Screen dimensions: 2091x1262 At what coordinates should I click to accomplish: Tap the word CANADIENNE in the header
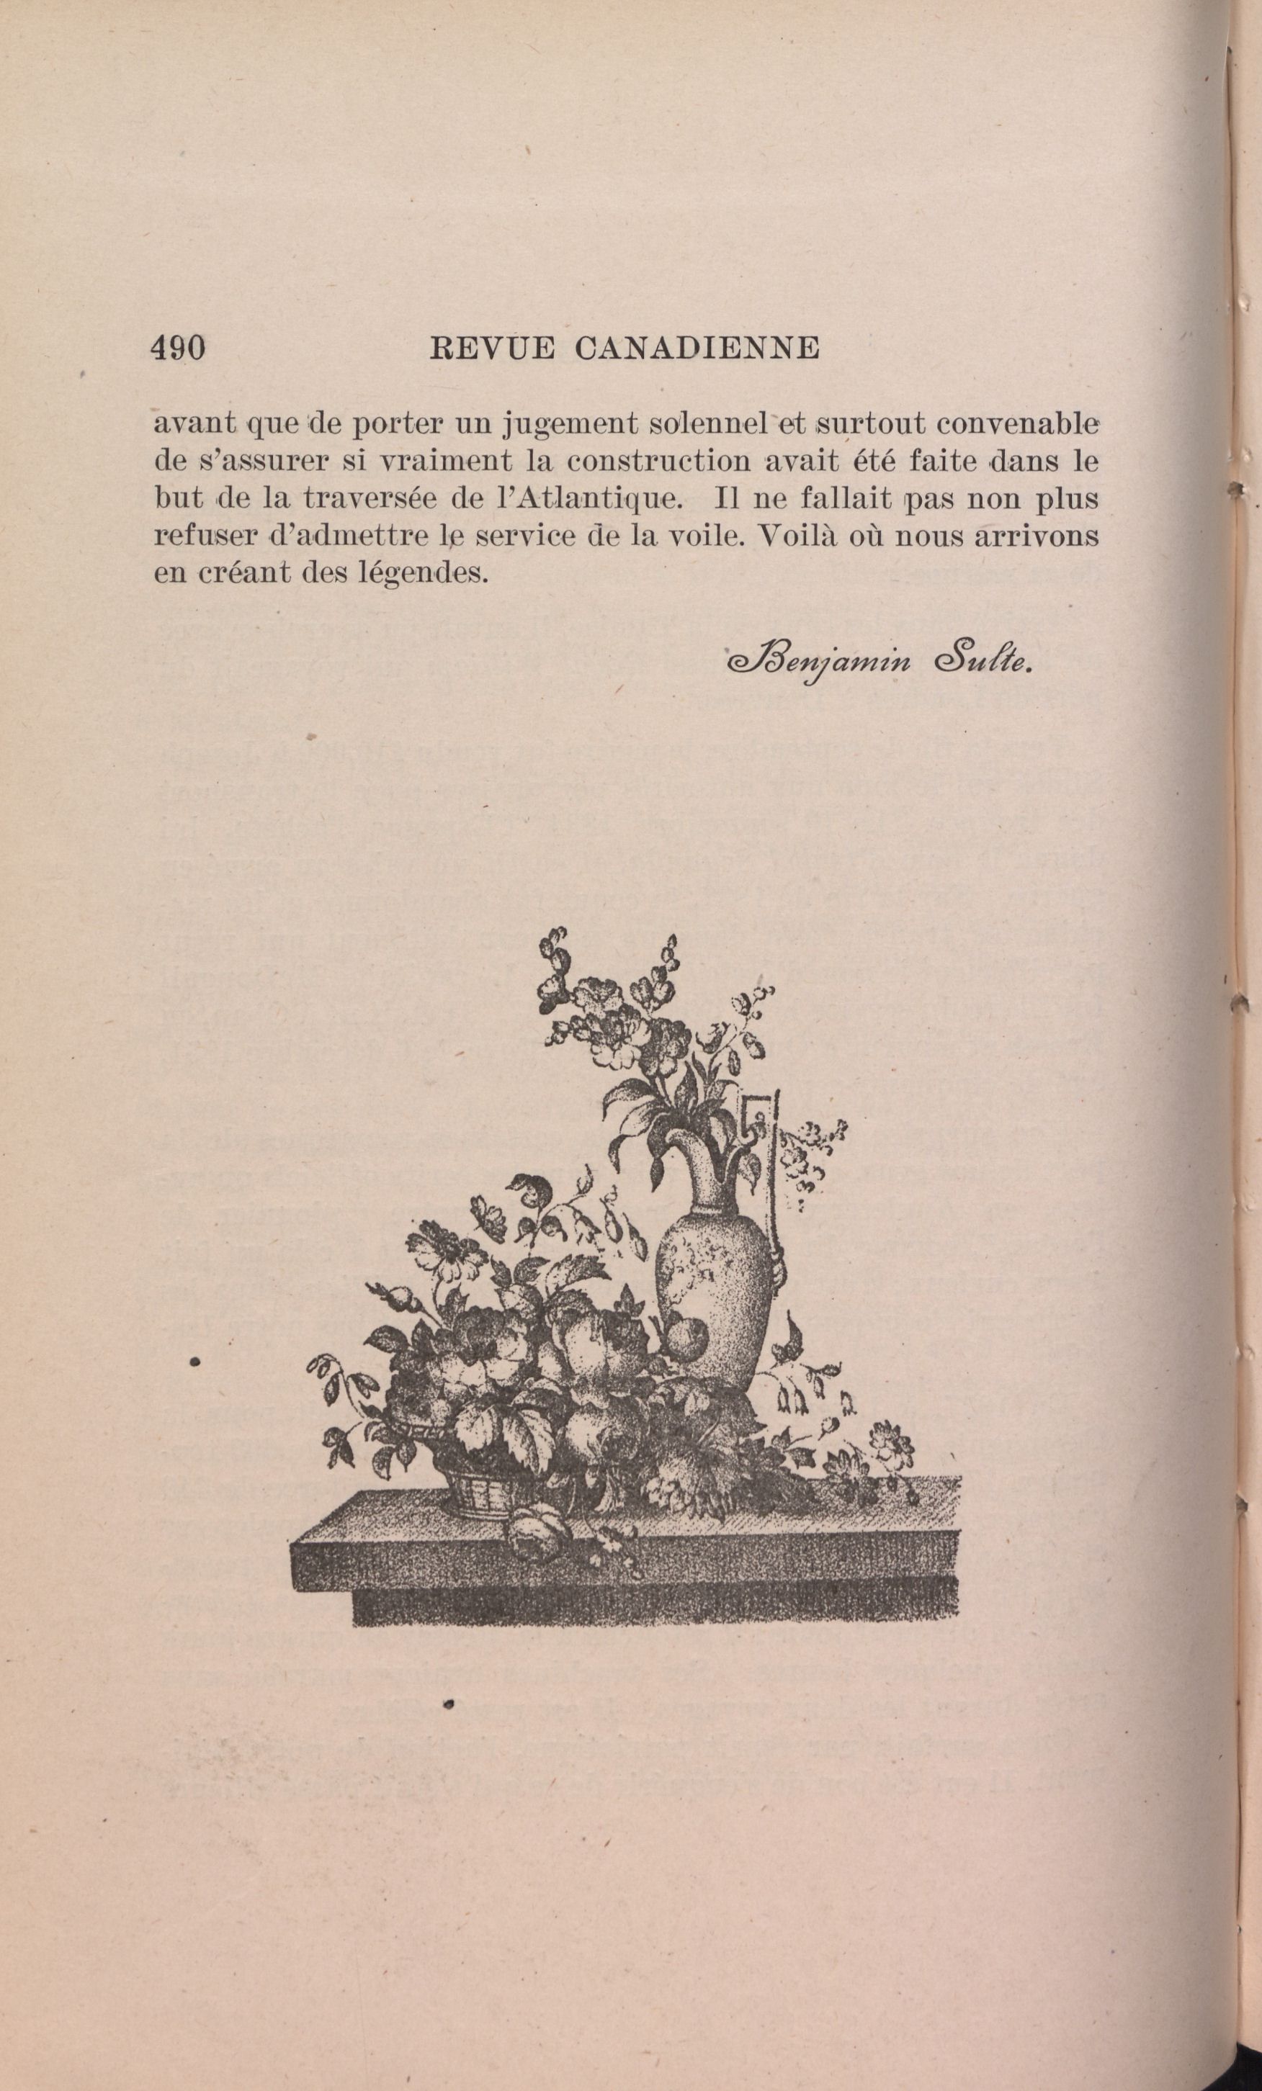(x=696, y=348)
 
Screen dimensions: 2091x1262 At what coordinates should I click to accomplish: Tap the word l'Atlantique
(x=587, y=499)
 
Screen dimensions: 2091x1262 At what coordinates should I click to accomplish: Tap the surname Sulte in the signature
(x=981, y=662)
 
